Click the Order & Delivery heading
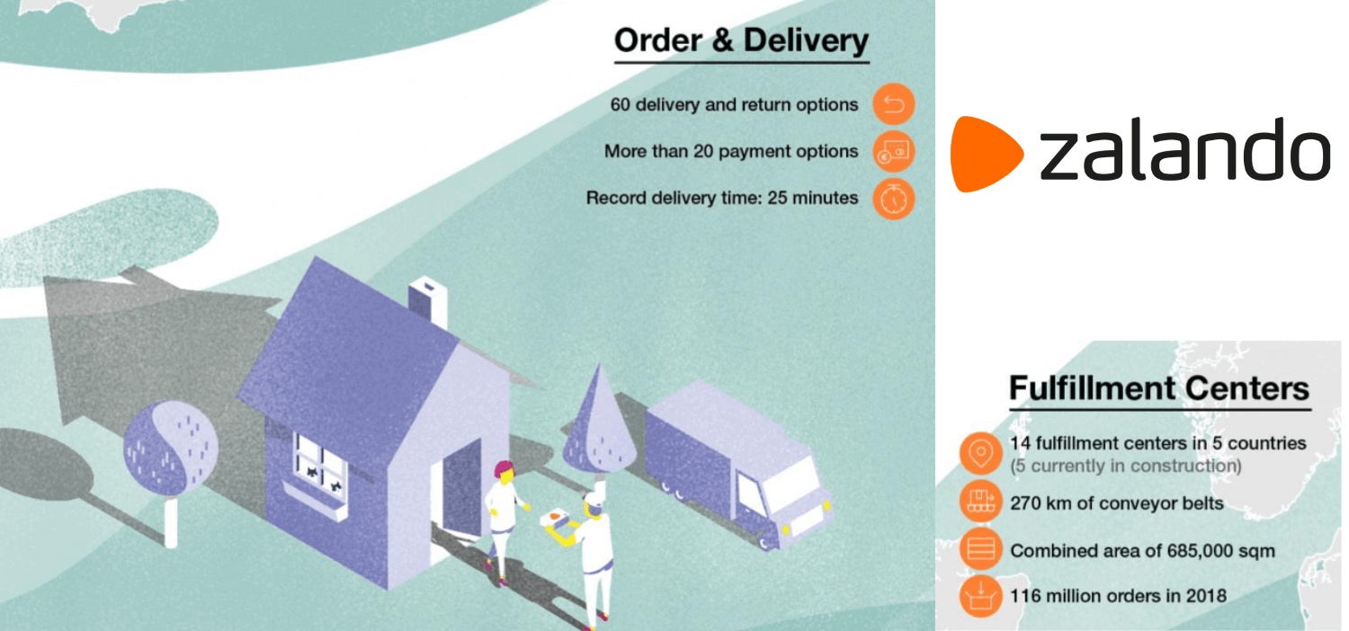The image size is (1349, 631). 741,41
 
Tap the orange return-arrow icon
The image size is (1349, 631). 894,104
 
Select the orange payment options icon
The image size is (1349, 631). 894,152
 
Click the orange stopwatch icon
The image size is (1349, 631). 894,199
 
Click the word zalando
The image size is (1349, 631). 1185,149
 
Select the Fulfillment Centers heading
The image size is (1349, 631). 1159,387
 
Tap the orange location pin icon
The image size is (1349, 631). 981,453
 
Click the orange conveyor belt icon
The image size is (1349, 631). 981,502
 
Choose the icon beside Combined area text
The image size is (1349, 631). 981,548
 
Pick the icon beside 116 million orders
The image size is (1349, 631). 981,596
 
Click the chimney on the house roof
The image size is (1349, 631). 428,301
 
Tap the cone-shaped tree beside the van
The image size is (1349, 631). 598,422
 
